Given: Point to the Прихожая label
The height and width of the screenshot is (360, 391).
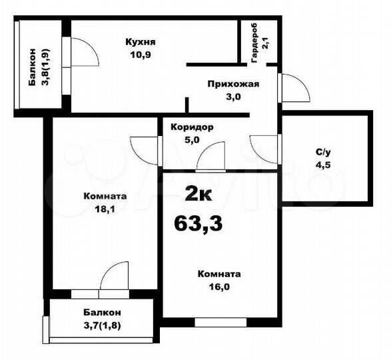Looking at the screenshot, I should (x=232, y=84).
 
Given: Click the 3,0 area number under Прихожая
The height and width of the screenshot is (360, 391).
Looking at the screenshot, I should (x=232, y=96).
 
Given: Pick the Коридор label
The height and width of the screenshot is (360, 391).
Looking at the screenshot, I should (x=192, y=127).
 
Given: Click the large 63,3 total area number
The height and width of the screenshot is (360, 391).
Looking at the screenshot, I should (x=198, y=223).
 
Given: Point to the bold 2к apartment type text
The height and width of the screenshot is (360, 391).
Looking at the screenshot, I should (x=198, y=195).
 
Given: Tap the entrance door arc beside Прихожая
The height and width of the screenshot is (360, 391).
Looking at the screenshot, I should (x=293, y=88).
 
